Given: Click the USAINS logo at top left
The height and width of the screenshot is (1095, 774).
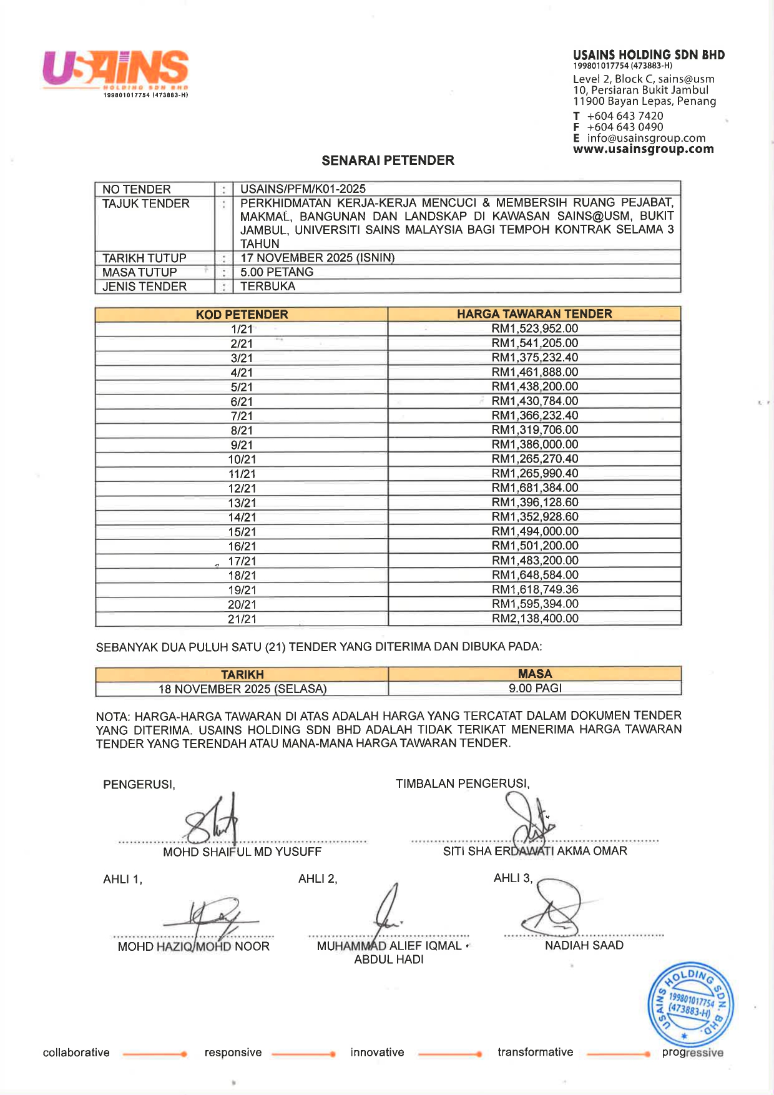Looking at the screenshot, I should tap(115, 70).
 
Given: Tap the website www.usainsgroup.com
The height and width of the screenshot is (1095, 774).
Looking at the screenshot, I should tap(643, 149).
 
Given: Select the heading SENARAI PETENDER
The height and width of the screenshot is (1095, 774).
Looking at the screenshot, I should tap(388, 160).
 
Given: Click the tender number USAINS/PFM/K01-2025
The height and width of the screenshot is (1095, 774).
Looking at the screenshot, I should tap(303, 189).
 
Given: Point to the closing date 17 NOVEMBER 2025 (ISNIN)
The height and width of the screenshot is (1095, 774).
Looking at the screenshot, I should tap(317, 258).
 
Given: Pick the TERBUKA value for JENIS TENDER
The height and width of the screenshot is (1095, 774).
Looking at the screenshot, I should tap(268, 287).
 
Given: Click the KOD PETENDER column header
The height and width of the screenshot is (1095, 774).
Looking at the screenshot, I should tap(242, 315).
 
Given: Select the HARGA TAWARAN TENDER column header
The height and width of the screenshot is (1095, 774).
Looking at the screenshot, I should tap(534, 314).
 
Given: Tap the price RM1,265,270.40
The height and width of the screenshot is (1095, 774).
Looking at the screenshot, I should tap(535, 459).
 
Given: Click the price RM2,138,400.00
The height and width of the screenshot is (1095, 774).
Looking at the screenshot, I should tap(535, 619).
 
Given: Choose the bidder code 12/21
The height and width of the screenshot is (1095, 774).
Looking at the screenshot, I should tap(242, 488).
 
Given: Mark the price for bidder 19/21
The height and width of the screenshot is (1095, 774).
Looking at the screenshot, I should tap(535, 590).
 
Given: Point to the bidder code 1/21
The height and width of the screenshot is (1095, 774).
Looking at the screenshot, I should tap(242, 329).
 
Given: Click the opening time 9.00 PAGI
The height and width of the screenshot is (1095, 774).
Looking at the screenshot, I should tap(535, 689).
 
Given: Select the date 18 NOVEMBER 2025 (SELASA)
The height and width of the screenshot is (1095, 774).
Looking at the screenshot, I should tap(242, 689).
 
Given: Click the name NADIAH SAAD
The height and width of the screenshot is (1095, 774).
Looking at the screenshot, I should tap(584, 945).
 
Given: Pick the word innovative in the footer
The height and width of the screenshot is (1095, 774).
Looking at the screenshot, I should tap(377, 1053).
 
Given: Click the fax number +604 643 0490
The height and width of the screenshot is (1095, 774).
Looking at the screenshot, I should tap(625, 127).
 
